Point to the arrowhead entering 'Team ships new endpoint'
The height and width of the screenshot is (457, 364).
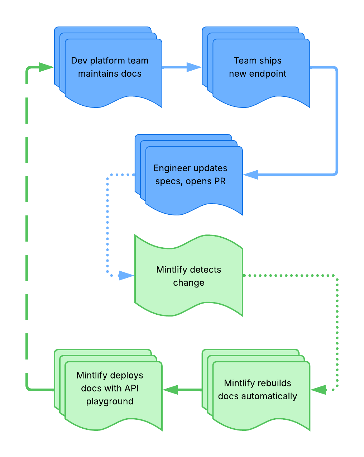[x=195, y=67]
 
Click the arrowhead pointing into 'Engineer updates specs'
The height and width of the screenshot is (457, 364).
[x=250, y=175]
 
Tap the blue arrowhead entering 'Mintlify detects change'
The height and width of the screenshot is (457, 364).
[x=126, y=276]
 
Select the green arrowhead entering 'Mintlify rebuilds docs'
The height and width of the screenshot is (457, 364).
[x=318, y=390]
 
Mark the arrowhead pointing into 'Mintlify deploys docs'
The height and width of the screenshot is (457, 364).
[x=171, y=390]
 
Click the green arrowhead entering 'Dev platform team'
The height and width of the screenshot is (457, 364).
[x=46, y=67]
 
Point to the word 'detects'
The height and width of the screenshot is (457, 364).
[x=205, y=270]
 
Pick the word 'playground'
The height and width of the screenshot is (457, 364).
[x=110, y=401]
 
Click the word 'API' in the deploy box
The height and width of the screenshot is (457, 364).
[x=132, y=389]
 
